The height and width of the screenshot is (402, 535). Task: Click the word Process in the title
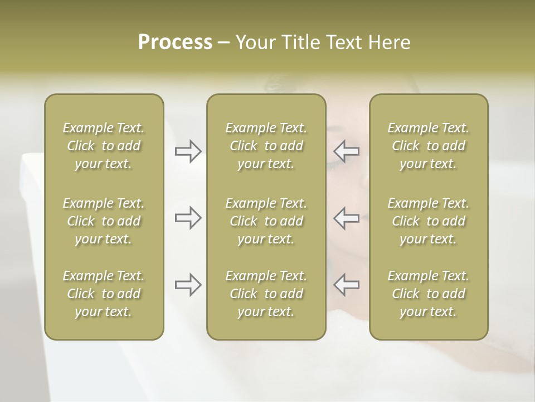pos(175,42)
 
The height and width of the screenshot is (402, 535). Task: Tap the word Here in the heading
pos(388,42)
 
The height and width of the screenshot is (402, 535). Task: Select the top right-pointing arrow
pos(188,151)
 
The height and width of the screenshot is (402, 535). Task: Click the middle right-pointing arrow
pos(188,218)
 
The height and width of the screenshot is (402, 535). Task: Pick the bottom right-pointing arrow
pos(188,285)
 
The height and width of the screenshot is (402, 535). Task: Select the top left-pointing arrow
pos(347,151)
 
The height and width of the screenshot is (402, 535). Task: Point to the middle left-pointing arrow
pos(347,218)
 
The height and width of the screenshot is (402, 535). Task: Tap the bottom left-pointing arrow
pos(347,285)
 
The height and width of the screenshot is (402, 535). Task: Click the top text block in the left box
pos(104,146)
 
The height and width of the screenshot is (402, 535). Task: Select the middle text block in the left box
pos(104,221)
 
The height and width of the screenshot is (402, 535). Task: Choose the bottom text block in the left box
pos(104,294)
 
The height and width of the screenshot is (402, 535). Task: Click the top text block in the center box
pos(266,146)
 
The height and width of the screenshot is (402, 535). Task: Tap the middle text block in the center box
pos(266,221)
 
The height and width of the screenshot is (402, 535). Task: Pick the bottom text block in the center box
pos(266,294)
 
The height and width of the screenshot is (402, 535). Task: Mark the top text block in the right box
pos(429,146)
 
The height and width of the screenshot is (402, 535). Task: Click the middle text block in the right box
pos(429,221)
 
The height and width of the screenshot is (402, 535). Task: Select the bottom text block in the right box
pos(429,294)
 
